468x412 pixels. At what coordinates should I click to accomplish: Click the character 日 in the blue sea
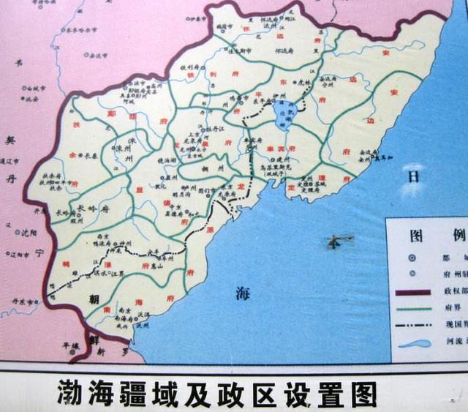click(x=414, y=176)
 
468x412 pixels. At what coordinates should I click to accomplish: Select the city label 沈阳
click(x=29, y=233)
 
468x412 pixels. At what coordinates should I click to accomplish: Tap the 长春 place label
click(x=91, y=155)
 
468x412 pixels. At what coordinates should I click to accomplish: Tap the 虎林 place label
click(x=301, y=84)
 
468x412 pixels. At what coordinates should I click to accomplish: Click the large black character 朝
click(x=94, y=299)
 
